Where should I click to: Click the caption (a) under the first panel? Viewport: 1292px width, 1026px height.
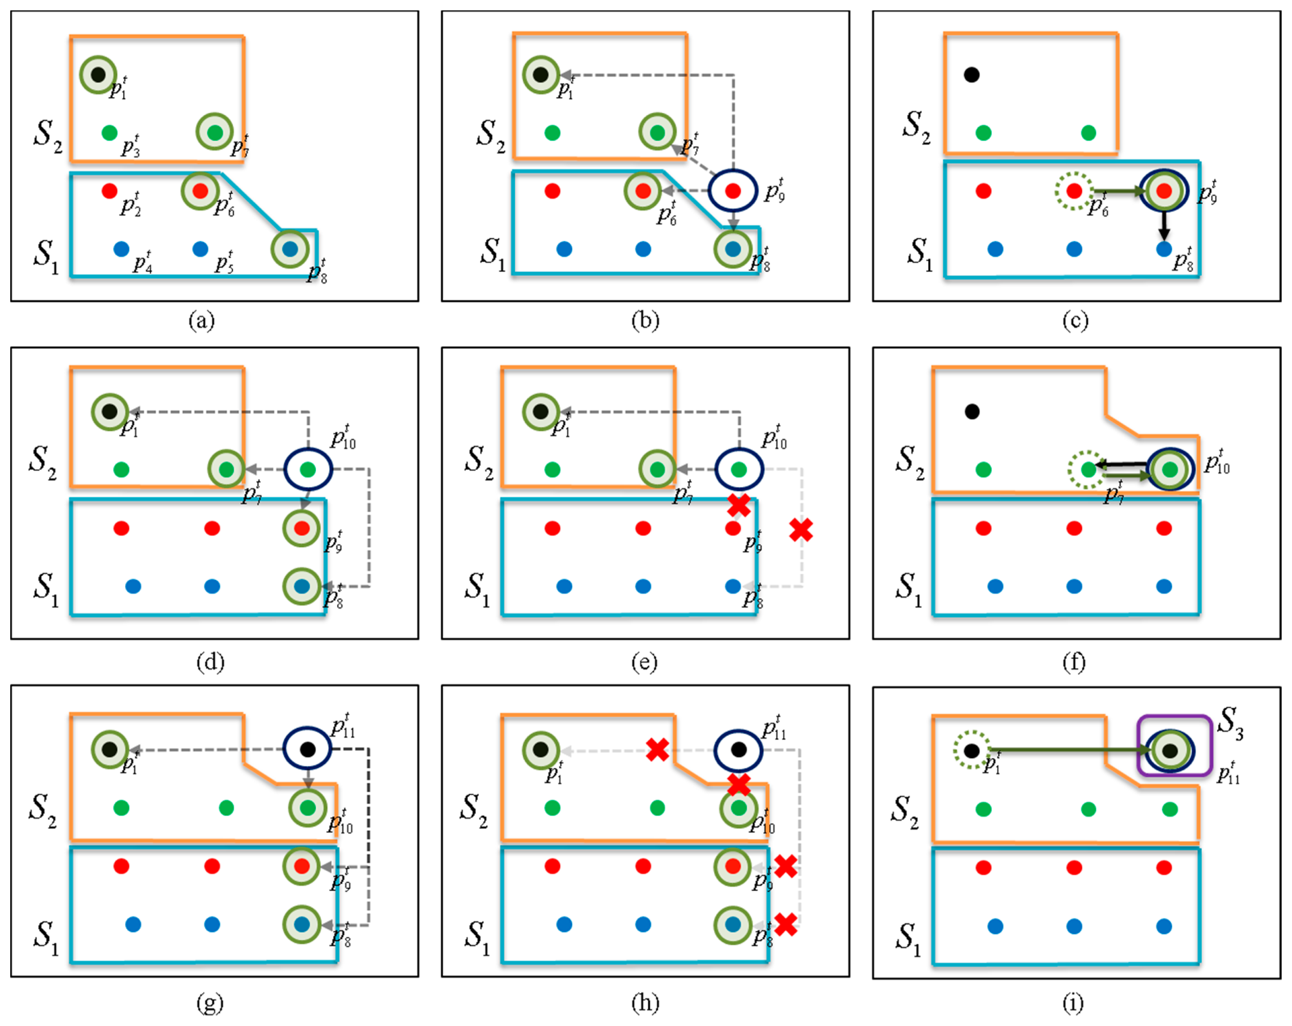(201, 321)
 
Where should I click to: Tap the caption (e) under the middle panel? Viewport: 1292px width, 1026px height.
(644, 662)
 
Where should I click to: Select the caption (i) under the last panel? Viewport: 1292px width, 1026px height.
(1072, 1003)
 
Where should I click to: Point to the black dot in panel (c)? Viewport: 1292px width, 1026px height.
(972, 75)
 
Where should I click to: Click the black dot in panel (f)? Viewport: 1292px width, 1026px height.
(972, 411)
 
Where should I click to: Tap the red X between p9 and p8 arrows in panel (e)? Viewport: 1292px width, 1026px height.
(800, 529)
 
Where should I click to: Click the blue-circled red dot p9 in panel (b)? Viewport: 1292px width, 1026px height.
(733, 190)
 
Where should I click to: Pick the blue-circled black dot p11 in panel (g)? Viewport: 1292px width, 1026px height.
(307, 749)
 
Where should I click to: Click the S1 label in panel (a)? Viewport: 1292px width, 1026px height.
(46, 256)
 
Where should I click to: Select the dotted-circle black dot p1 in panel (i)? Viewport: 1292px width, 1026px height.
(972, 750)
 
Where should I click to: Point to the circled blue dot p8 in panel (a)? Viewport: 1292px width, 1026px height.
(290, 249)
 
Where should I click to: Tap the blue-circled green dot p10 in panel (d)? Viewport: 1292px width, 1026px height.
(307, 469)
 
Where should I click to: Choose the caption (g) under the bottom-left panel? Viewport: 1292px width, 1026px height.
(210, 1003)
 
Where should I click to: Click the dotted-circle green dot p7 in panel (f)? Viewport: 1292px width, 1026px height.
(1088, 470)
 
